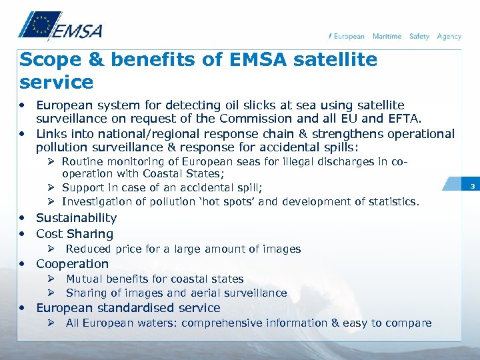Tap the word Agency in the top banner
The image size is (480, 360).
[449, 37]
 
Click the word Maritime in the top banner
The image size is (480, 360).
[387, 37]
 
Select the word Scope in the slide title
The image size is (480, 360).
[45, 60]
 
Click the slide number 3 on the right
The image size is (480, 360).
[471, 186]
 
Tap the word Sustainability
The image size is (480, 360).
[76, 218]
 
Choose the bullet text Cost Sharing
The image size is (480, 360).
[75, 234]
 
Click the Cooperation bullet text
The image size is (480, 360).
[72, 264]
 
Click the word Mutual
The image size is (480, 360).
[84, 279]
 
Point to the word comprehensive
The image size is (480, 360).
[227, 323]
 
